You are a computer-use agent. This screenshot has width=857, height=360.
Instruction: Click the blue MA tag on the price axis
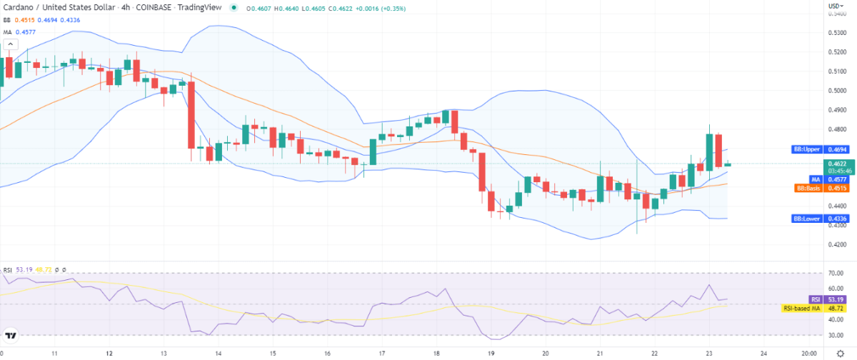click(x=814, y=179)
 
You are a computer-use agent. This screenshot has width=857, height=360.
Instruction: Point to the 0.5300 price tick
click(x=838, y=33)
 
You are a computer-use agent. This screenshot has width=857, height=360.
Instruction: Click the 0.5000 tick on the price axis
click(x=838, y=91)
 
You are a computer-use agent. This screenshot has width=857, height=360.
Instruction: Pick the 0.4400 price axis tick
click(x=838, y=206)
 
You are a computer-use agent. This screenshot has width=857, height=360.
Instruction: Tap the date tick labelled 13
click(x=164, y=353)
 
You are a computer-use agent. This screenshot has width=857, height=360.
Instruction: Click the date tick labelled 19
click(x=491, y=353)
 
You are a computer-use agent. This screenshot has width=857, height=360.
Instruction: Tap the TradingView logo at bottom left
click(x=11, y=335)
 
